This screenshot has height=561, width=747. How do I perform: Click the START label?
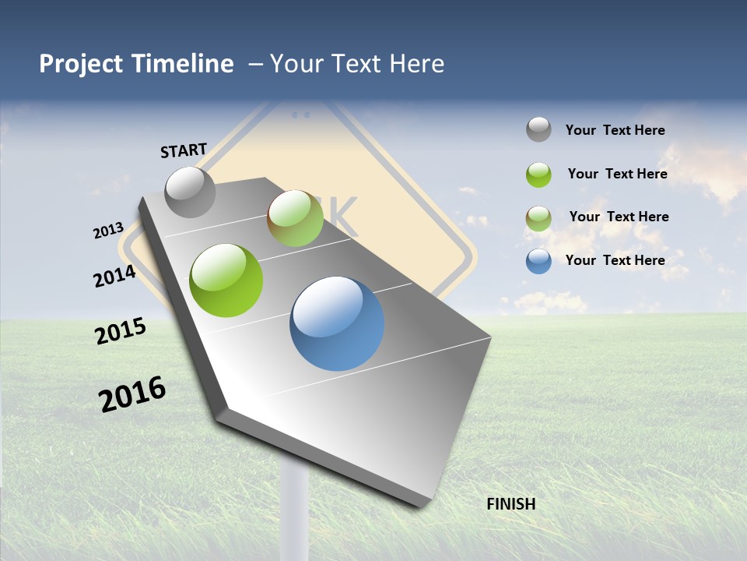[x=184, y=150]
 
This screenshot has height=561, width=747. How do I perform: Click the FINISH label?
[x=510, y=504]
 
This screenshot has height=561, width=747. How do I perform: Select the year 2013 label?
[x=108, y=231]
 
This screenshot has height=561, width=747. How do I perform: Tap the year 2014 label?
[x=115, y=276]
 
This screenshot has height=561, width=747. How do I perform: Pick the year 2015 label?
[x=121, y=330]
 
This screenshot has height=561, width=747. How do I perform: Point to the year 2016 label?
[x=132, y=393]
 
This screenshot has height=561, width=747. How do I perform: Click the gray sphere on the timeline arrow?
[x=191, y=192]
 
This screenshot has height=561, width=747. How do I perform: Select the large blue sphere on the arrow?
[x=337, y=323]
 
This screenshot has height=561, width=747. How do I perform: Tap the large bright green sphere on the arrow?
[x=226, y=280]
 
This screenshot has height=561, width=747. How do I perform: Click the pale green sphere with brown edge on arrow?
[x=295, y=218]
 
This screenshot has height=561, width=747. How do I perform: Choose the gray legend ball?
[x=538, y=129]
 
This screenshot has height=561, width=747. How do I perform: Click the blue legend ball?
[x=538, y=261]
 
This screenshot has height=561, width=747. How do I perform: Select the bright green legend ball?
[x=538, y=175]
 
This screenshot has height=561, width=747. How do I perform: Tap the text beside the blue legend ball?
[x=615, y=260]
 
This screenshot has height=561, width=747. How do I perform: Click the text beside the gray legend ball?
[x=615, y=130]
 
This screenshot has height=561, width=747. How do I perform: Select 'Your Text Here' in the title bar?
[x=356, y=64]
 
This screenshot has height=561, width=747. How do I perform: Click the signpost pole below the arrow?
[x=295, y=506]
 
